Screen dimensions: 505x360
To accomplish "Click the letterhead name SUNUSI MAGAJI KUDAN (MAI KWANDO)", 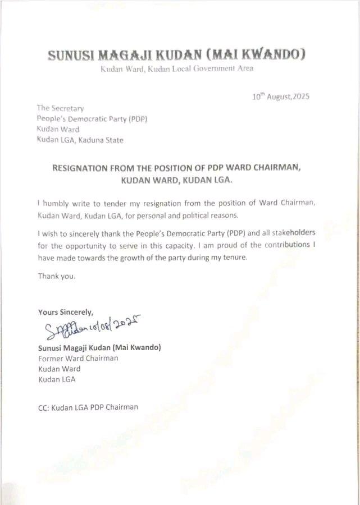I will click(176, 55).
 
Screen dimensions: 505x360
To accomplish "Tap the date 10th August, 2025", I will click(281, 97).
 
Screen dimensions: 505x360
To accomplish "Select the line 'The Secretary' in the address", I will click(60, 108).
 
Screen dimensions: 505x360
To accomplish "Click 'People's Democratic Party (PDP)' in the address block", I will click(92, 119).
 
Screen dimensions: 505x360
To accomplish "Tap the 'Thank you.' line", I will click(56, 276).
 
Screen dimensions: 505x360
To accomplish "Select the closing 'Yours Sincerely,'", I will click(66, 312).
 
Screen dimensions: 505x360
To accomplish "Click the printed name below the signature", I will click(99, 348).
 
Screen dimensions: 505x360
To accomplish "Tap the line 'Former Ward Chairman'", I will click(78, 358).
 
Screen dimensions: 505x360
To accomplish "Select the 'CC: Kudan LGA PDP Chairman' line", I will click(88, 407).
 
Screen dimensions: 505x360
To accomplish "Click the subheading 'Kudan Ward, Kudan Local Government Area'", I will click(176, 69).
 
